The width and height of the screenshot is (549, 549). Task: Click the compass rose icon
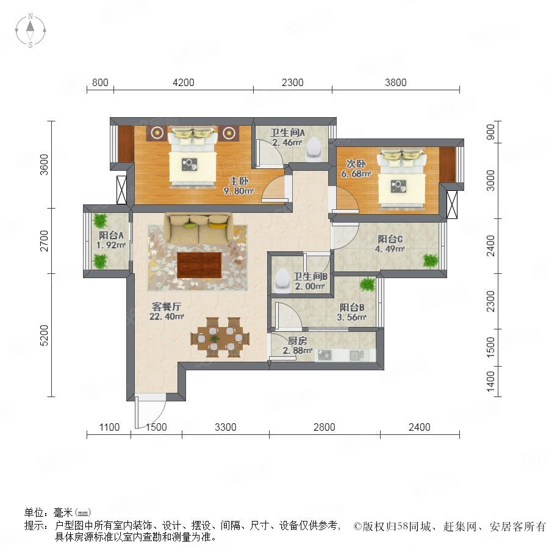tap(30, 30)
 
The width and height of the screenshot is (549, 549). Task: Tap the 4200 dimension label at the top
tap(184, 82)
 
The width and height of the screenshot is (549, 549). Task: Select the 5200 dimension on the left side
tap(44, 335)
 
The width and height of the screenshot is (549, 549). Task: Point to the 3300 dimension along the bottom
tap(226, 427)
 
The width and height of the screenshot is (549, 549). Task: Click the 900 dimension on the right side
tap(491, 132)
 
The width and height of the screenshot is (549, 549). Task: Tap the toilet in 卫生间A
tap(314, 149)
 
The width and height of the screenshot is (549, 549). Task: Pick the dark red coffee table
tap(199, 265)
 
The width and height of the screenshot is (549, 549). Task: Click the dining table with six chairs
tap(220, 337)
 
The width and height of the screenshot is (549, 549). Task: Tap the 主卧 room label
tap(239, 181)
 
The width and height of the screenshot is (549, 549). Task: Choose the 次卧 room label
tap(356, 163)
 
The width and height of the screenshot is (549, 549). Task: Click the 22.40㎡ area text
tap(167, 316)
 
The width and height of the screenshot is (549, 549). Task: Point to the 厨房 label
tap(298, 340)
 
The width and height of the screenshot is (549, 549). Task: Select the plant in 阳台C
tap(430, 260)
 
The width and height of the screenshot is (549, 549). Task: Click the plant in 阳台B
tap(367, 284)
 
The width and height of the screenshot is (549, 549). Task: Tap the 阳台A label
tap(111, 235)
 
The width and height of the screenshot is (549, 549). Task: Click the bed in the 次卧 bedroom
tap(402, 179)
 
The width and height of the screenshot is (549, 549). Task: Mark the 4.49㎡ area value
tap(390, 249)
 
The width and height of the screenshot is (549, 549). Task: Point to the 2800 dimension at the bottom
tap(325, 427)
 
